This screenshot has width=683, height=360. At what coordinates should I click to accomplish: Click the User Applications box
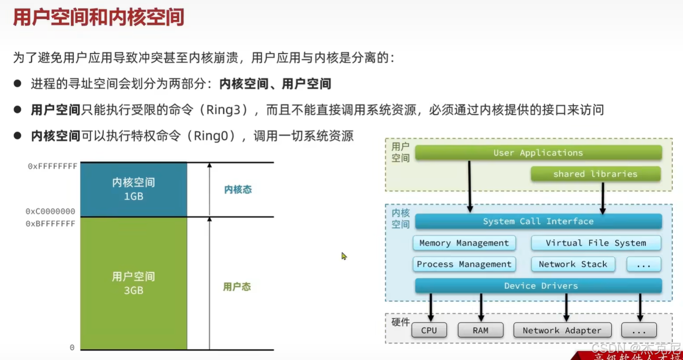(538, 152)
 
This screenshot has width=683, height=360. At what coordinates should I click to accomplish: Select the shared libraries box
(595, 174)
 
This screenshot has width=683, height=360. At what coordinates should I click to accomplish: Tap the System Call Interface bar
(538, 221)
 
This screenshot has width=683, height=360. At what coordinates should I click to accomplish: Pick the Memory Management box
(464, 243)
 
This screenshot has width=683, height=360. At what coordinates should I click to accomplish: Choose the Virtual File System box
(596, 243)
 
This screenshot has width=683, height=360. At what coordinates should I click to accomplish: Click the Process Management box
(464, 264)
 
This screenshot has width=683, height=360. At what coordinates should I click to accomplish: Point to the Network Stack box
(573, 264)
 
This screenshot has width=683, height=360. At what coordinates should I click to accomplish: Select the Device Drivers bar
(538, 286)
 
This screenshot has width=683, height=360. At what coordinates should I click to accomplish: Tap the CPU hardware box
(429, 330)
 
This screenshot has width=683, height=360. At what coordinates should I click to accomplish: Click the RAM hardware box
(480, 330)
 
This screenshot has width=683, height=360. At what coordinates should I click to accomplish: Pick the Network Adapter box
(562, 330)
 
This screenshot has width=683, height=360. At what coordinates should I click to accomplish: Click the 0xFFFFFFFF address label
(53, 166)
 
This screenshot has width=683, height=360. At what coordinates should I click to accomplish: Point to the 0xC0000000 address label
(51, 211)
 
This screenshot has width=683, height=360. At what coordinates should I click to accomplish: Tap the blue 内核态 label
(238, 190)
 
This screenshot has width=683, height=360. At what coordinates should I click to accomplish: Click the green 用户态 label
(237, 287)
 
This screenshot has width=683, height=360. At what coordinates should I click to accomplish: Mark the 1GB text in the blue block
(133, 197)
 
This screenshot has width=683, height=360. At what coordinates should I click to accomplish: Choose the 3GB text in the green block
(133, 291)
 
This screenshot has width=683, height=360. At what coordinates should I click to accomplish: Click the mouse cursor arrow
(344, 256)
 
